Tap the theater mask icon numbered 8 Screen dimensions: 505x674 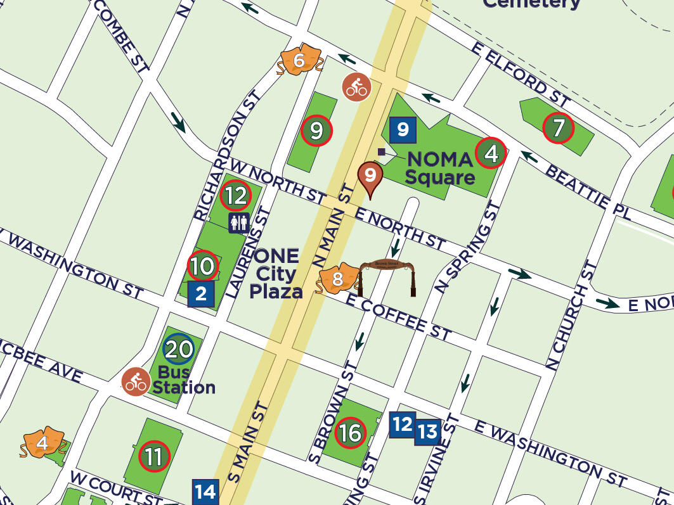tap(337, 279)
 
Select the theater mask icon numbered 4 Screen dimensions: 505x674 tap(42, 444)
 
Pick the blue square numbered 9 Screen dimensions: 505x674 tap(403, 130)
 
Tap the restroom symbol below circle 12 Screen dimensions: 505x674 tap(238, 222)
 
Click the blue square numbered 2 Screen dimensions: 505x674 tap(201, 294)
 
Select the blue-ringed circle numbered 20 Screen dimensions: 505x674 tap(178, 348)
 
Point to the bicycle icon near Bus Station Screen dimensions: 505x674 tap(136, 381)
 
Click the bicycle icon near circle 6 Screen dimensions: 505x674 tap(356, 87)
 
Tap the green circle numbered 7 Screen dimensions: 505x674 tap(559, 128)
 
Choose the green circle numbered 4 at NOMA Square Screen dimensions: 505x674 tap(491, 153)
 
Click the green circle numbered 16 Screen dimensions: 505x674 tap(350, 433)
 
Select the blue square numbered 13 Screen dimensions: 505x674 tap(428, 432)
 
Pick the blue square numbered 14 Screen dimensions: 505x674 tap(205, 492)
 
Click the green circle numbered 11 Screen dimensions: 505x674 tap(154, 456)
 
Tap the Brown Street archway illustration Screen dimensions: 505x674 tap(387, 276)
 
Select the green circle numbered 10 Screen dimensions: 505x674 tap(203, 266)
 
